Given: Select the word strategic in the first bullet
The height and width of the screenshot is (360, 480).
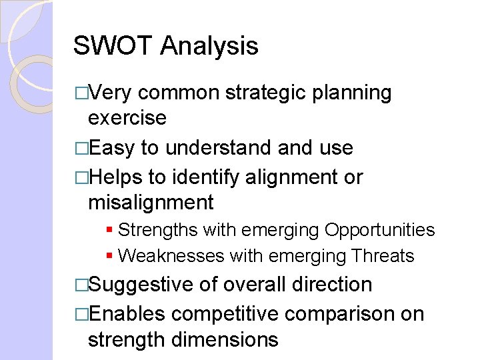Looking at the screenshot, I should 267,93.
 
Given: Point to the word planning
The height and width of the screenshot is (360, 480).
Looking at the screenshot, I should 353,93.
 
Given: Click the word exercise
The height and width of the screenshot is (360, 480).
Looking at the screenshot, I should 127,118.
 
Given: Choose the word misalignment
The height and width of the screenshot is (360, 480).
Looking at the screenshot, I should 151,202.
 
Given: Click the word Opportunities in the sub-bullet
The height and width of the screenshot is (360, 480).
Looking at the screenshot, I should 379,230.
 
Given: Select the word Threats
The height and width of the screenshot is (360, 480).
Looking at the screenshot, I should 385,256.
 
